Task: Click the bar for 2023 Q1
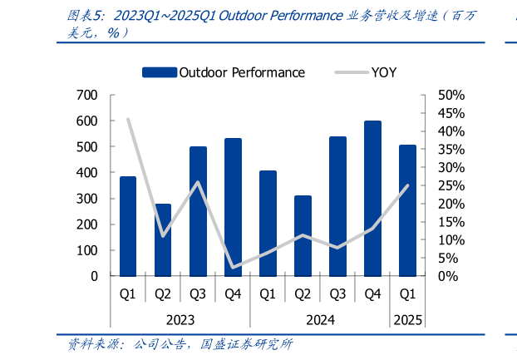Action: pos(128,226)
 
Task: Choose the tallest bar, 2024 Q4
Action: pos(372,199)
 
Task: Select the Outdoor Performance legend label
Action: pos(242,72)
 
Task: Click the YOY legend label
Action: pos(384,72)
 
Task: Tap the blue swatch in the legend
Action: pos(159,72)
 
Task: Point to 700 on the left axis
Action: pos(86,96)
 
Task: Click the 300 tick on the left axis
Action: pos(86,199)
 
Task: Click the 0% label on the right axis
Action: pos(446,276)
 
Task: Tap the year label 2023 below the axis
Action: pos(180,320)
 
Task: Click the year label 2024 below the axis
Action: pos(320,320)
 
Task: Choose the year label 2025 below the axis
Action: pos(407,320)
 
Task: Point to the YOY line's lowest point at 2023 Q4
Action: pos(233,267)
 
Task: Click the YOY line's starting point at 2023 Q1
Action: pos(128,120)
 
